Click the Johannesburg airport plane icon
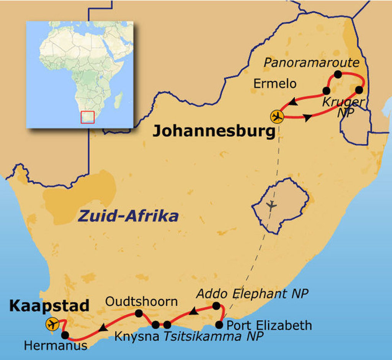click(x=277, y=116)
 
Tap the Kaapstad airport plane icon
click(x=52, y=324)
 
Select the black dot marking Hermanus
click(x=65, y=335)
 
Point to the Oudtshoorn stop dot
click(x=139, y=314)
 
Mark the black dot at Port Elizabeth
click(x=219, y=325)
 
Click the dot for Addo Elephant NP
click(x=216, y=306)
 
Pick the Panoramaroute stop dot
click(x=338, y=74)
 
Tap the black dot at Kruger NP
click(x=359, y=90)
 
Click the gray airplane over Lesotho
click(x=271, y=205)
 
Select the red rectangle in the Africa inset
click(x=87, y=117)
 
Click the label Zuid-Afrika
click(x=128, y=216)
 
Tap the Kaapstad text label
click(x=49, y=306)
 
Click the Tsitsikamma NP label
click(x=214, y=337)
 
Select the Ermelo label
click(x=275, y=84)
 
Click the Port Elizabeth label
click(x=269, y=325)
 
